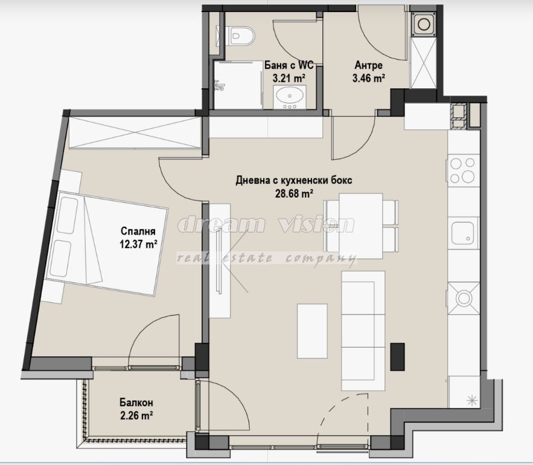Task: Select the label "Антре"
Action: [368, 65]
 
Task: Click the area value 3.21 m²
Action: [289, 78]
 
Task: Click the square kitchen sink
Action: [462, 233]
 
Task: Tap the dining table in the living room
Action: [360, 226]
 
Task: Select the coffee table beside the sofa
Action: [312, 331]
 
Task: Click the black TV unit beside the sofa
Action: [397, 356]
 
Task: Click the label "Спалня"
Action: [138, 231]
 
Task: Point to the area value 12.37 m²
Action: [138, 244]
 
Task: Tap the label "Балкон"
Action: [136, 403]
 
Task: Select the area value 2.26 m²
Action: [136, 415]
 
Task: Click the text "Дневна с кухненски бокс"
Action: [294, 180]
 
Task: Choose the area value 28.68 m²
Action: [294, 193]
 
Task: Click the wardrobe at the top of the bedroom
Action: [135, 133]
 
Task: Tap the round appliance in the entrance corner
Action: [423, 24]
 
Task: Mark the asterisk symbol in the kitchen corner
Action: [471, 400]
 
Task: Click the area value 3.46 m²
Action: [368, 78]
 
